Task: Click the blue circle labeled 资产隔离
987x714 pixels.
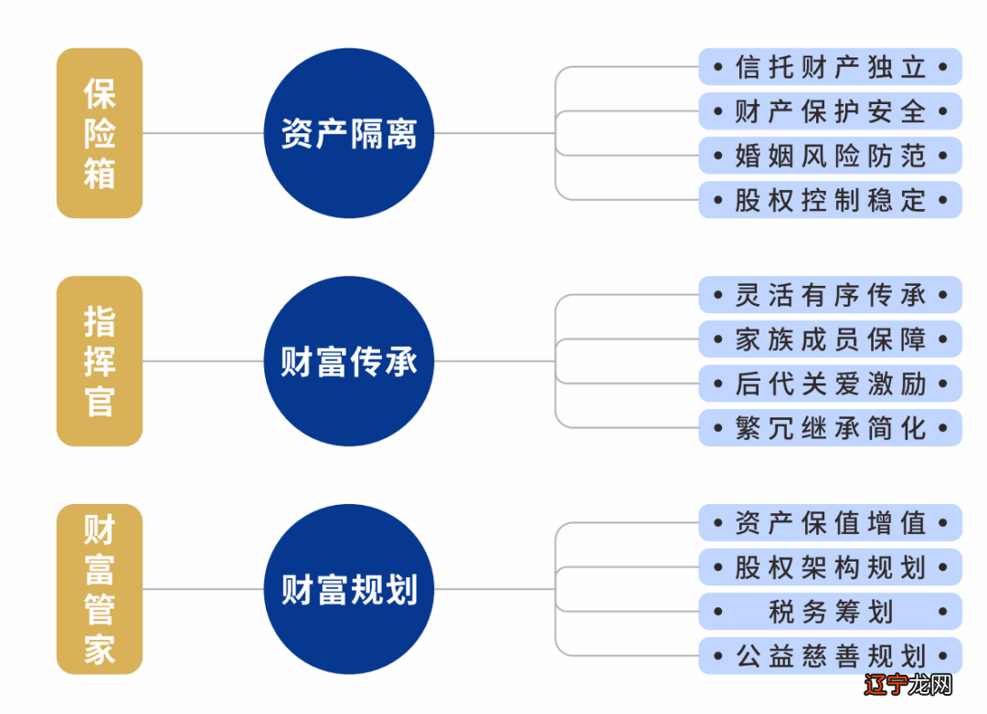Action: [x=349, y=133]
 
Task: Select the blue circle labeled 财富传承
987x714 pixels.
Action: [x=349, y=362]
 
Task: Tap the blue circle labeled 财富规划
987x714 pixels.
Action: [x=349, y=590]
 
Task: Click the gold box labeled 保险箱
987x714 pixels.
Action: [x=100, y=133]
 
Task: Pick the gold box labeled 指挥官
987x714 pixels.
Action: [x=100, y=362]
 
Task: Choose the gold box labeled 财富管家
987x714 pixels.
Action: [x=100, y=590]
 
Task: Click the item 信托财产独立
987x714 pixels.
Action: [x=830, y=67]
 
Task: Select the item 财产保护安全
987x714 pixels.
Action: [x=830, y=111]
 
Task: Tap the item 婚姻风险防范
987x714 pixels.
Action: [x=830, y=155]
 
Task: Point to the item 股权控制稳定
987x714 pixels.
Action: [x=830, y=200]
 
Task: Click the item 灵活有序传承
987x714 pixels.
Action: [x=830, y=295]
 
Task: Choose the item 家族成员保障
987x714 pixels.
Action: [x=830, y=340]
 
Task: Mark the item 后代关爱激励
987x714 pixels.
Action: [x=830, y=383]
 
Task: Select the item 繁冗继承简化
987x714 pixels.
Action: [x=830, y=428]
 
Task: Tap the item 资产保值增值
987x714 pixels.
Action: [x=830, y=523]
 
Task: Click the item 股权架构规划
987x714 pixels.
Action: [x=830, y=568]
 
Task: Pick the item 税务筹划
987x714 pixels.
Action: [x=830, y=612]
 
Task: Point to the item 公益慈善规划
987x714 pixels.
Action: [x=830, y=656]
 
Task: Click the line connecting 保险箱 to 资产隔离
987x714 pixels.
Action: [x=203, y=133]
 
